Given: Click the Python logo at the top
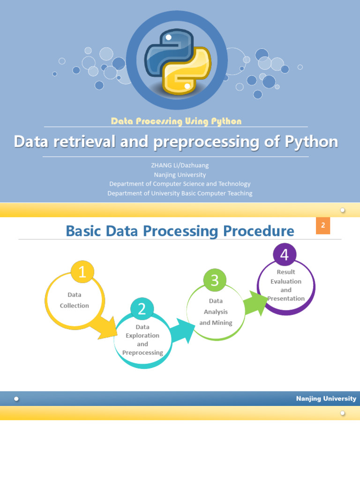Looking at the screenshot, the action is [x=178, y=61].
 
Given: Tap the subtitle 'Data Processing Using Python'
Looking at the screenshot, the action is [x=176, y=121].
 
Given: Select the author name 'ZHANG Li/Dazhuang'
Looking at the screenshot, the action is [x=180, y=165].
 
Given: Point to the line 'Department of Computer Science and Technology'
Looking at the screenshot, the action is [x=180, y=184].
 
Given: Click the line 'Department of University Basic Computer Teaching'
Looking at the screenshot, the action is [x=180, y=193].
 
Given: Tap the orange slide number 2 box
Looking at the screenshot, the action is [x=323, y=225].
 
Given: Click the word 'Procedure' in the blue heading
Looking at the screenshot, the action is [x=258, y=231].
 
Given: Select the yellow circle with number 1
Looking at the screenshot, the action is [x=82, y=272].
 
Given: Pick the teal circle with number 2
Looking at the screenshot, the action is [x=142, y=309].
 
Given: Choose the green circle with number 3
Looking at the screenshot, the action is [x=215, y=280].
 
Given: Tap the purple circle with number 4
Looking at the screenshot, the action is [x=285, y=255].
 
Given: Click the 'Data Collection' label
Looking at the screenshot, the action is [x=75, y=300].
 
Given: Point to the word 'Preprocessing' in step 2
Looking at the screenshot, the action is [x=142, y=352].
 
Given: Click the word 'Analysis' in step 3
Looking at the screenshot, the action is [x=216, y=312].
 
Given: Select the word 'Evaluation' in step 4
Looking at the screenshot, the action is [x=286, y=281].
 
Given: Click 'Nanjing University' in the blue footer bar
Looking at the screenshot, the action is [x=326, y=398].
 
